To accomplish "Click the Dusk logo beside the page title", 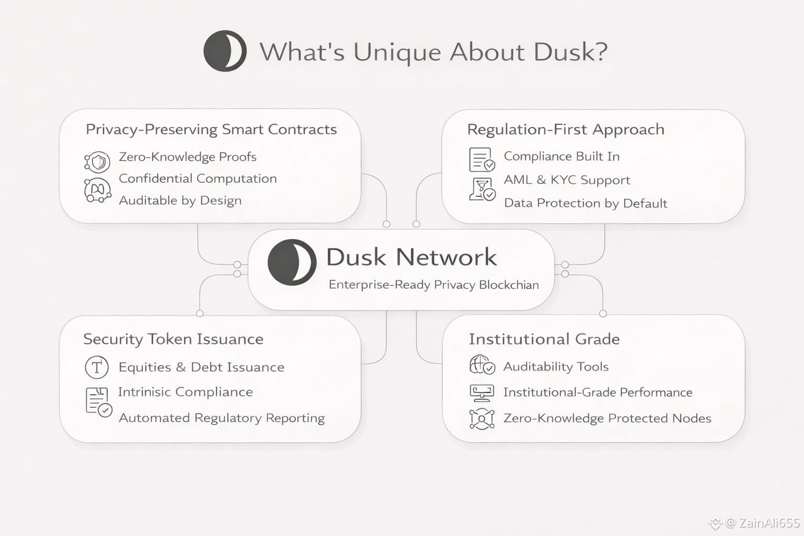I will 225,51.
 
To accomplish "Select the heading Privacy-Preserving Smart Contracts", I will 211,129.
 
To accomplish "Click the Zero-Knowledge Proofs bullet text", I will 187,157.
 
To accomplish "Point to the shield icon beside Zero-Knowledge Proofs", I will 97,162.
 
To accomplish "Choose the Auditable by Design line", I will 180,200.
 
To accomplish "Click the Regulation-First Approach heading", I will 565,129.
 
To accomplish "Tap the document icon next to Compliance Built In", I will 482,159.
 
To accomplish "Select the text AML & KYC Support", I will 567,180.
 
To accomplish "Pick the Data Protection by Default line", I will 585,203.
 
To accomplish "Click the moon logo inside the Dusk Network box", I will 292,262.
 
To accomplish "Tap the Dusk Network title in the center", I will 411,257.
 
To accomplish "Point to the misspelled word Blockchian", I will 509,285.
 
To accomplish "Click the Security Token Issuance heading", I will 173,339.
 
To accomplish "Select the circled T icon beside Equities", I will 97,367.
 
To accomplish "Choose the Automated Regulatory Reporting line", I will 221,418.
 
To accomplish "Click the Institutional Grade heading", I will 544,339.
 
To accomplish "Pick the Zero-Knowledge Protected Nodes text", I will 607,418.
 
